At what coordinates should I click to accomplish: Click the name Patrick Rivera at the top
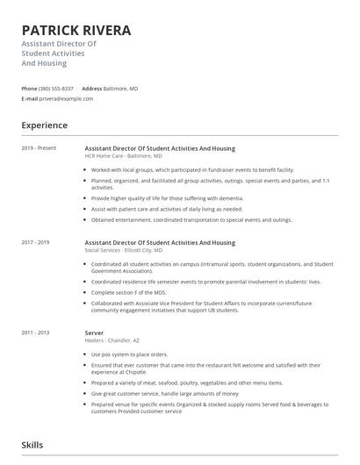point(76,31)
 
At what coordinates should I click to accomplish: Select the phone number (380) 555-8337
point(56,89)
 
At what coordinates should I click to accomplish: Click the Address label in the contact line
point(91,89)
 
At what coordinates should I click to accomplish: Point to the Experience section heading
point(45,125)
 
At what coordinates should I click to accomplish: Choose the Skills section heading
point(32,446)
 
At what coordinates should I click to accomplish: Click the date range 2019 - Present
point(39,148)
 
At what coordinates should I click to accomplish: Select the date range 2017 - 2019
point(35,242)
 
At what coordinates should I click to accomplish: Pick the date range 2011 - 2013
point(35,333)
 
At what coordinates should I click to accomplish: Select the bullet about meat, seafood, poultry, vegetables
point(186,383)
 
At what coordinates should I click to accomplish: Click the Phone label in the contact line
point(29,89)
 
